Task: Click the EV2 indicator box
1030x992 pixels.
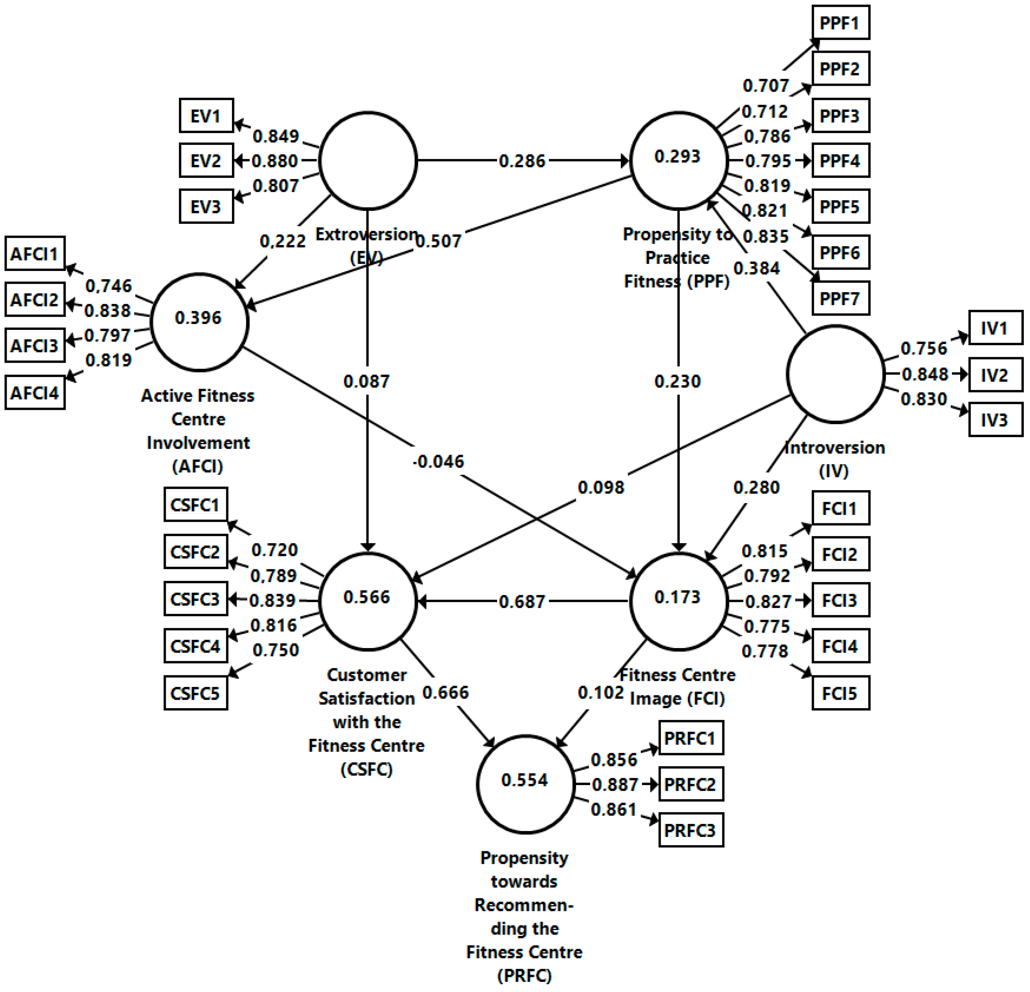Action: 206,161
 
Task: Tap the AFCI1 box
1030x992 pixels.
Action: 35,254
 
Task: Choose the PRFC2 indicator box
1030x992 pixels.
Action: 690,784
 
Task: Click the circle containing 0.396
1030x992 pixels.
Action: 200,322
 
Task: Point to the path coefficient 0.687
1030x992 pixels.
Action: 522,601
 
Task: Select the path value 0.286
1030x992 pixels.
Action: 522,161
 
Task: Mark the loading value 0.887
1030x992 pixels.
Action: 615,785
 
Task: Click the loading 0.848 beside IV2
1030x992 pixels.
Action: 925,374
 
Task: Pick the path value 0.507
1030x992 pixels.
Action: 438,241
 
